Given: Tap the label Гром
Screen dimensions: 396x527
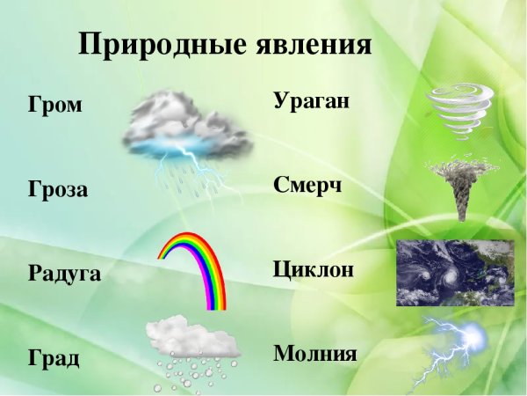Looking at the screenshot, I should pyautogui.click(x=54, y=106).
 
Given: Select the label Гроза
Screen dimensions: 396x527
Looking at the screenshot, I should pyautogui.click(x=58, y=190).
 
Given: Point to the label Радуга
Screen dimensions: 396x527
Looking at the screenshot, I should pyautogui.click(x=64, y=274).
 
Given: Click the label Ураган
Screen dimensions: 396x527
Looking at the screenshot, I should pyautogui.click(x=312, y=101).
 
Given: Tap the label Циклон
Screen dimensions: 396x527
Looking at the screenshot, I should pyautogui.click(x=314, y=268).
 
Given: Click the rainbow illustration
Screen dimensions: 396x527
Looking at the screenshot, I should pyautogui.click(x=193, y=264).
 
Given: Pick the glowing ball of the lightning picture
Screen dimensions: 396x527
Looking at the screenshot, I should pyautogui.click(x=473, y=336).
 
